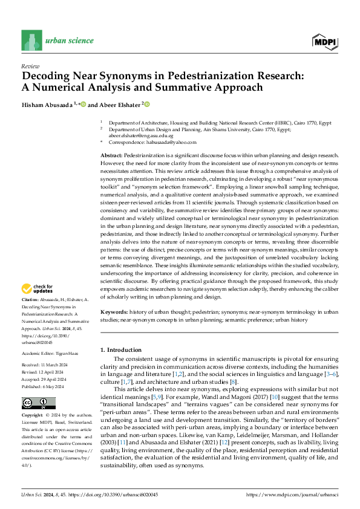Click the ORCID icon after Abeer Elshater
click(x=146, y=104)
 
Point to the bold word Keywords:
click(x=113, y=312)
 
